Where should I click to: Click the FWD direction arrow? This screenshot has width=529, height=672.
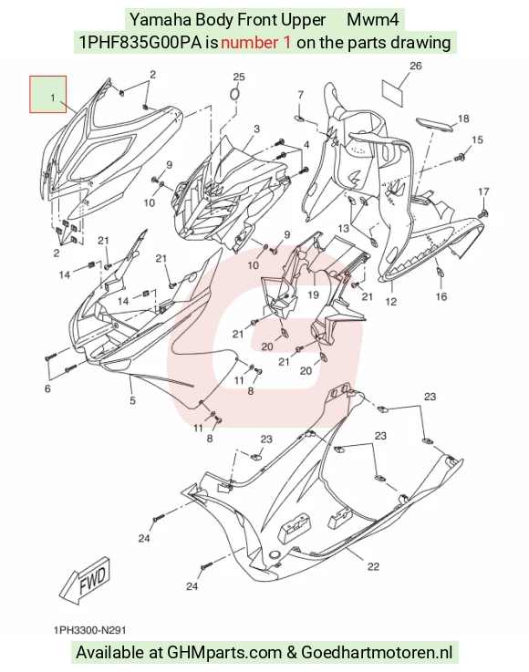point(85,581)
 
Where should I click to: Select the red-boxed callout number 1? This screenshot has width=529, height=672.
point(53,98)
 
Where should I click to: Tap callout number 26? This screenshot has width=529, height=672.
point(415,66)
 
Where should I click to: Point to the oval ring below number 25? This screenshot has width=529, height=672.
point(234,95)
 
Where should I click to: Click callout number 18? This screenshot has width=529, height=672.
point(463,119)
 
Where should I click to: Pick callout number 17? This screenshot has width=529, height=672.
point(483,191)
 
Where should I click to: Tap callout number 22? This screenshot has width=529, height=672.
point(373,566)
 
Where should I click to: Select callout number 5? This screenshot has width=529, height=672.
point(132,400)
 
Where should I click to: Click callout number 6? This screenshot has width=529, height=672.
point(47,388)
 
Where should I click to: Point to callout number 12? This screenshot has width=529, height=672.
point(391,302)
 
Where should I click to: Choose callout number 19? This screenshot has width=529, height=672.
point(314,295)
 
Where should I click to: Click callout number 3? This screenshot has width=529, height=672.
point(256,129)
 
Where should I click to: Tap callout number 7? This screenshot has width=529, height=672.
point(300,94)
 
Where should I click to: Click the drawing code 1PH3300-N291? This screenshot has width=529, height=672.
point(89,630)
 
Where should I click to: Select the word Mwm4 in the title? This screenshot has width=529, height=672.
point(372,19)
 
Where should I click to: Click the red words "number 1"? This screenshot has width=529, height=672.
point(256,43)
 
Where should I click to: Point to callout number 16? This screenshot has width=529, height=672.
point(441,296)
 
